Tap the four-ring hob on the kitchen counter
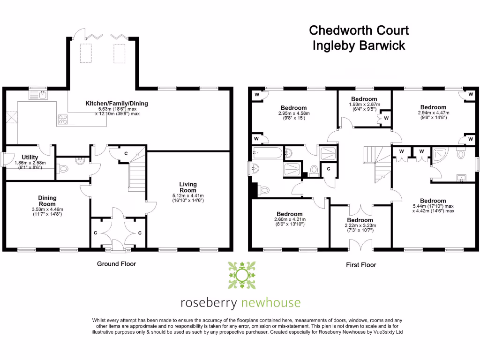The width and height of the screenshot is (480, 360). [63, 120]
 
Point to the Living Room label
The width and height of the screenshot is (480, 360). [188, 187]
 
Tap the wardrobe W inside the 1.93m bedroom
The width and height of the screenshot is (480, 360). [385, 118]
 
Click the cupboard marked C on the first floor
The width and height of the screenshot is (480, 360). [329, 169]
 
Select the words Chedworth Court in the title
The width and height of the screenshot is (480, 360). [359, 31]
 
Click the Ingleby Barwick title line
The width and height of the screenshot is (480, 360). [359, 46]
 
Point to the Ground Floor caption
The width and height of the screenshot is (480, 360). [116, 264]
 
